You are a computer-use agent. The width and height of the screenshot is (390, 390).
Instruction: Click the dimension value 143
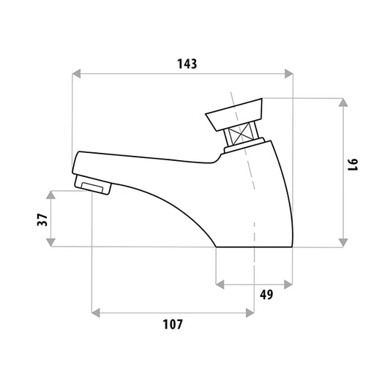pos(187,64)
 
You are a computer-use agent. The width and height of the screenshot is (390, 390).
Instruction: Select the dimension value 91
pos(353,165)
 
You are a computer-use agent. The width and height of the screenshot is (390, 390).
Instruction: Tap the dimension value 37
pos(42,220)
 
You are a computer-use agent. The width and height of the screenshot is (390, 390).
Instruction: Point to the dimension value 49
pos(266,294)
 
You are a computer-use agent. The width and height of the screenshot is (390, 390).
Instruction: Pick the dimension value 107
pos(173,324)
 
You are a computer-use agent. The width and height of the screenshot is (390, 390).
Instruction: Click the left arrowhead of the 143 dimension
pos(76,74)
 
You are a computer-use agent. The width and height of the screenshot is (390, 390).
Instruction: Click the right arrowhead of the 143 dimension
pos(289,74)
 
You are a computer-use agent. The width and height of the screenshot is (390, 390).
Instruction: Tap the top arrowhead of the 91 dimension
pos(343,102)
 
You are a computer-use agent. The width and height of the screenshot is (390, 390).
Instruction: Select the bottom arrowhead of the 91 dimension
pos(343,243)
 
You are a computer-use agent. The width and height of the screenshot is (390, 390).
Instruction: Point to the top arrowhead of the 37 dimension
pos(51,195)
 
